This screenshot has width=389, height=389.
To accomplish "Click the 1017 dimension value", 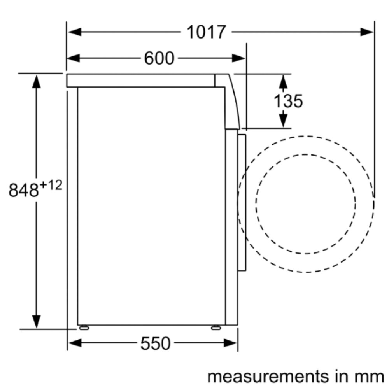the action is (x=206, y=32).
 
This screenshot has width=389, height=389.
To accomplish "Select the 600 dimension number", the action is (x=159, y=59).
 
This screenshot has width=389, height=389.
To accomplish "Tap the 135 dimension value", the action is (x=288, y=101).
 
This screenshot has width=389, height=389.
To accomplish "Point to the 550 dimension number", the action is (x=156, y=343).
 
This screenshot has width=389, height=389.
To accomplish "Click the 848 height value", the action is (x=24, y=190).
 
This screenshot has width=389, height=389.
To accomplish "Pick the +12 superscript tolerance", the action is (x=51, y=185).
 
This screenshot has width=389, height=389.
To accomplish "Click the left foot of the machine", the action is (x=84, y=328).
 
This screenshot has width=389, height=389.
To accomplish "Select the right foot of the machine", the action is (x=216, y=328).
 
